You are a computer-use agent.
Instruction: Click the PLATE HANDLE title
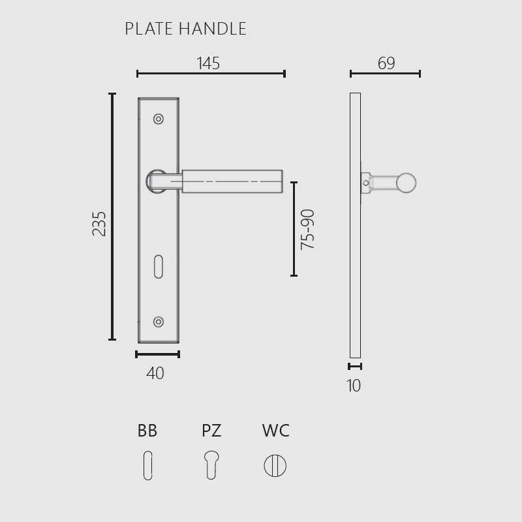point(185,29)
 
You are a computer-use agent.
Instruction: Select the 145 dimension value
point(208,63)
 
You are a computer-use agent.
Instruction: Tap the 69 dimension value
point(386,63)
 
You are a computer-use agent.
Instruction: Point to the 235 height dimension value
point(99,224)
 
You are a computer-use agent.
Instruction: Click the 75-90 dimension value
point(307,230)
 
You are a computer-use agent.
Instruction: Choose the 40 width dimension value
point(155,373)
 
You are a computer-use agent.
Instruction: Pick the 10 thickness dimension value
point(354,386)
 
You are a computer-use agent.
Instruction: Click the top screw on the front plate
point(159,119)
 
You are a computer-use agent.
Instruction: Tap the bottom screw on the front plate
point(159,322)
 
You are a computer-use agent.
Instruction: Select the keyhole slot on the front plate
point(159,267)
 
